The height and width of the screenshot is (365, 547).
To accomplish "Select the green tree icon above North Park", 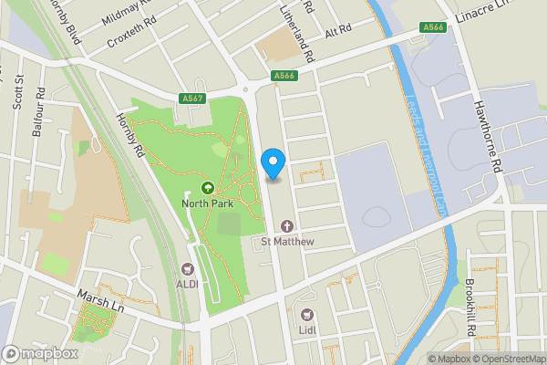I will click(207, 188).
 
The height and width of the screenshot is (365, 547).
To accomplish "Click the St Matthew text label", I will click(287, 241).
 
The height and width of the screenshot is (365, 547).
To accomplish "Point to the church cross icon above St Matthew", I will click(288, 225).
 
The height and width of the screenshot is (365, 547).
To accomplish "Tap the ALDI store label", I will click(189, 283).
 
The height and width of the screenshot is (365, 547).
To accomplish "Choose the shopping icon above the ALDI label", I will click(189, 268).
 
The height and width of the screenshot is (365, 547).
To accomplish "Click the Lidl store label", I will click(307, 330).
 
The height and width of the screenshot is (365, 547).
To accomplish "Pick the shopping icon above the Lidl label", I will click(307, 316).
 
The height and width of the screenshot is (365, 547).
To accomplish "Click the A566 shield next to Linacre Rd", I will click(434, 28).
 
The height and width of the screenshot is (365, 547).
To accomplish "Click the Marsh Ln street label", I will click(99, 301).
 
